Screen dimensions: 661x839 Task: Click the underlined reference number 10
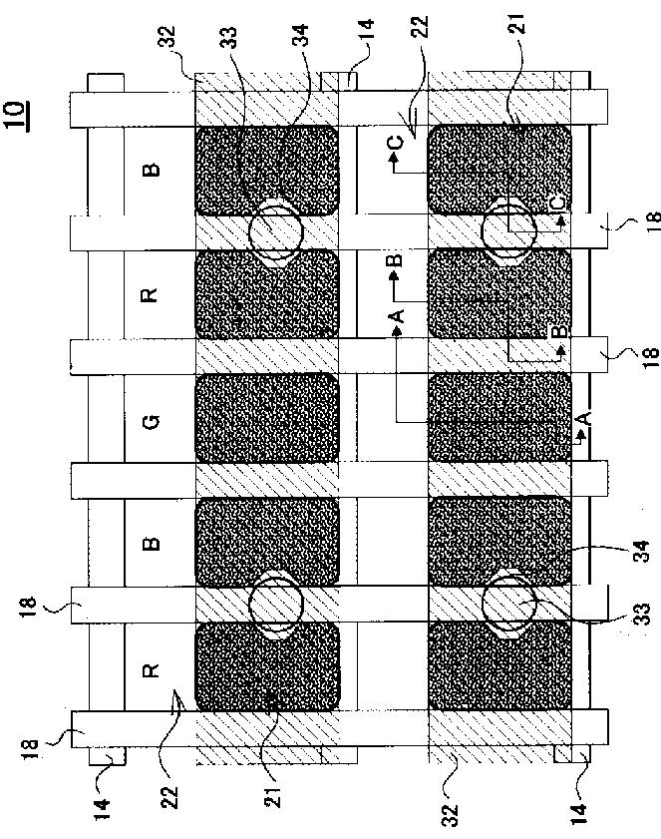click(16, 116)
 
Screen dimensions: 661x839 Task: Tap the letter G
click(151, 423)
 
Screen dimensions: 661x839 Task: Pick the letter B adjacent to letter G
click(152, 543)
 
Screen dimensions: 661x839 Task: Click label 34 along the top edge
click(301, 35)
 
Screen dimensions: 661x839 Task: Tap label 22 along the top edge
click(421, 27)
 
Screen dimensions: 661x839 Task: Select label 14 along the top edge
click(366, 31)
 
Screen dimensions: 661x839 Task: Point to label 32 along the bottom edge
click(450, 814)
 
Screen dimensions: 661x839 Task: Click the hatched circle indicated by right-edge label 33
click(508, 604)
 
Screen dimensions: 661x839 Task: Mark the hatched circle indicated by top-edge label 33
click(276, 230)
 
